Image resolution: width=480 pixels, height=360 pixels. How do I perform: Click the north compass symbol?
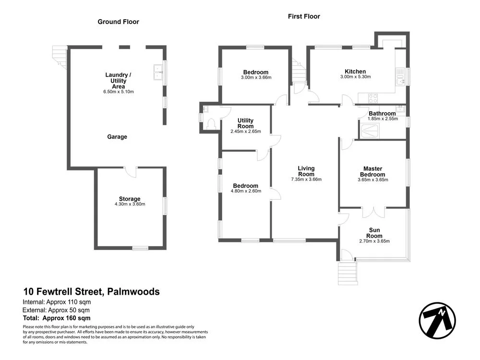[437, 321]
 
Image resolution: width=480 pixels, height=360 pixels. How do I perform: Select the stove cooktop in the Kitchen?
[373, 98]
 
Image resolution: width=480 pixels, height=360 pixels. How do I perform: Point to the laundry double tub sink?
[158, 72]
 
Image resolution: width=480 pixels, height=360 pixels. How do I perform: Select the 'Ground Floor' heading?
[119, 22]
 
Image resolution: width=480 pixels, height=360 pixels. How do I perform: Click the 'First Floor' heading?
[304, 16]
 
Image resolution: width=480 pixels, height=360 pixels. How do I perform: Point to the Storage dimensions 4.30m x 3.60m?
[130, 204]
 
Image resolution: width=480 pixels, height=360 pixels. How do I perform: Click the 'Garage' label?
[117, 137]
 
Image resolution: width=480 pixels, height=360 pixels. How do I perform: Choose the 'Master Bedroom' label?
[372, 171]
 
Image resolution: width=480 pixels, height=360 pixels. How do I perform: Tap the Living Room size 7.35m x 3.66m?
[306, 180]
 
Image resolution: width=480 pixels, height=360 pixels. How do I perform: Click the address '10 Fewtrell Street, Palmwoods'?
[91, 291]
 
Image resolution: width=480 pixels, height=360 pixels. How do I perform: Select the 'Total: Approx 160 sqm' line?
[57, 318]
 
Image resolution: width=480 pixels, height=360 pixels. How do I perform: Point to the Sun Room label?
[374, 233]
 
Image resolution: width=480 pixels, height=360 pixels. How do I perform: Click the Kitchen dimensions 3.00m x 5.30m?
[355, 77]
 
